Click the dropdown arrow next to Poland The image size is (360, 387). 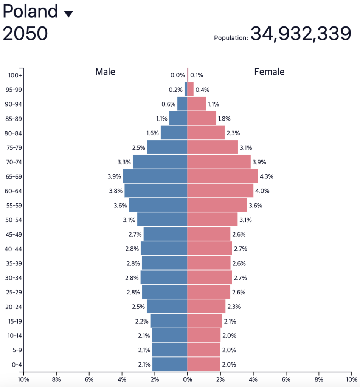68,14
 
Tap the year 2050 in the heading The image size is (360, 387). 25,34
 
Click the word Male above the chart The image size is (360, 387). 105,71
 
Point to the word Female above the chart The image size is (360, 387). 269,71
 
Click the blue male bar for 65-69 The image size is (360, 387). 155,176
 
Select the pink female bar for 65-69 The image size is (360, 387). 222,176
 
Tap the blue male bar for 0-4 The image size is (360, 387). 169,364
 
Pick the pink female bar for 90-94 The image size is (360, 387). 197,104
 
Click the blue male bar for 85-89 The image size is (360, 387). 178,118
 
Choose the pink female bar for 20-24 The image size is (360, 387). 206,307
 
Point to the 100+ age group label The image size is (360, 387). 15,75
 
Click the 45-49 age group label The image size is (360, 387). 14,234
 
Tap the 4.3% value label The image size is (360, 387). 266,176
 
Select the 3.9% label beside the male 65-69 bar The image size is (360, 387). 114,176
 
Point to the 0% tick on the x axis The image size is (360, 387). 187,379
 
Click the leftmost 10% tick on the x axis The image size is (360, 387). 23,379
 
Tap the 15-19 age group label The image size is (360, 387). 14,321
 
